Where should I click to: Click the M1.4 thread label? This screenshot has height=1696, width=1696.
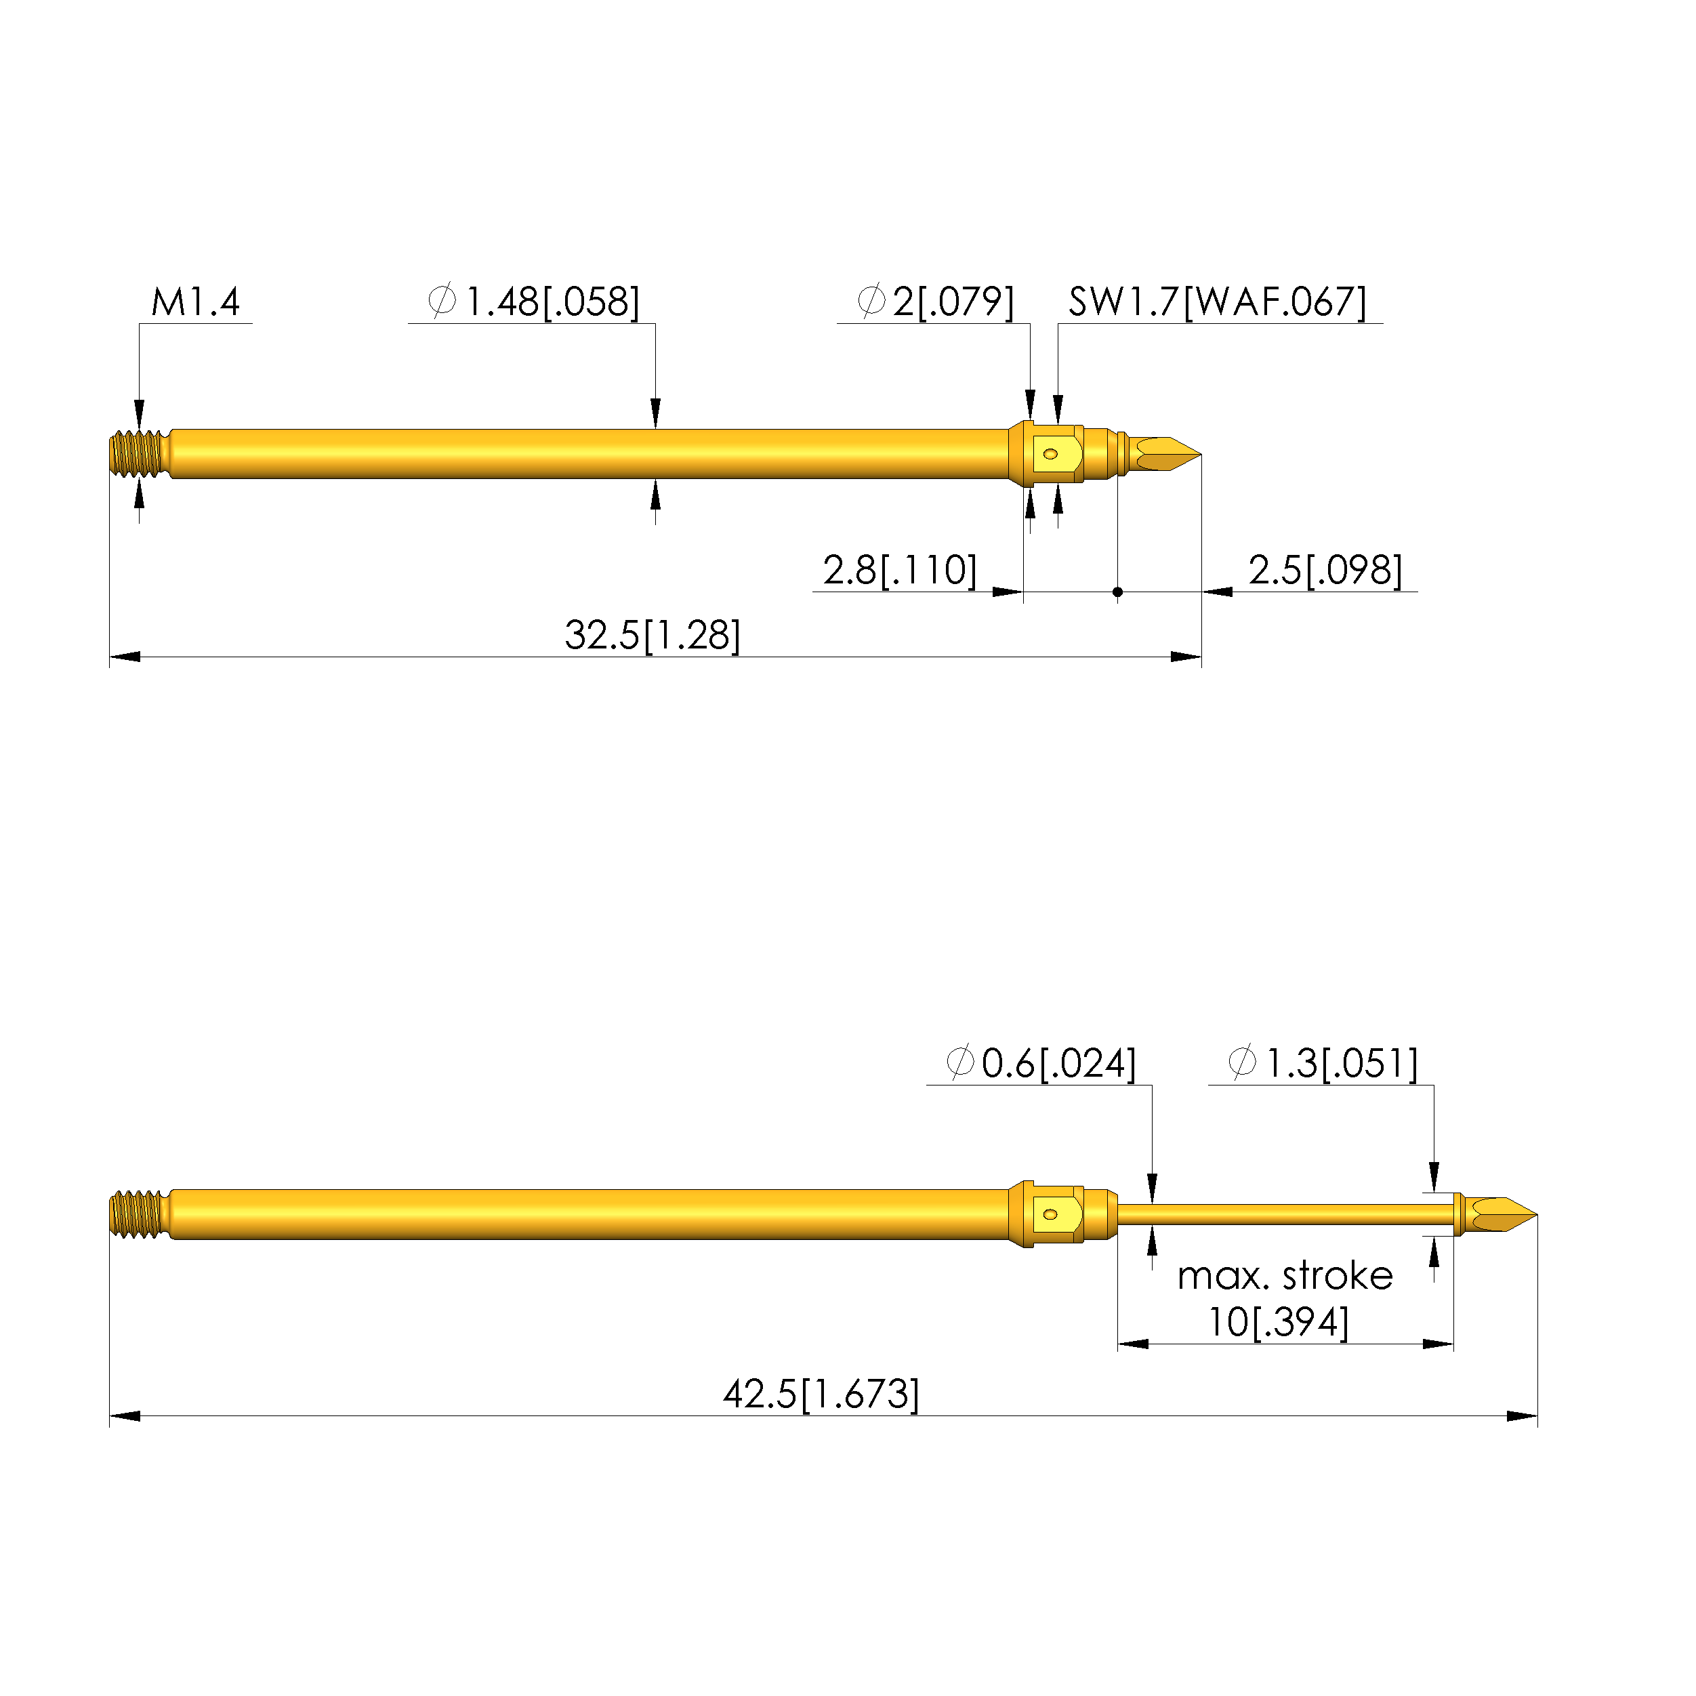pyautogui.click(x=195, y=302)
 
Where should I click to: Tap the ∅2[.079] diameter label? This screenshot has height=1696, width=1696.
pyautogui.click(x=936, y=302)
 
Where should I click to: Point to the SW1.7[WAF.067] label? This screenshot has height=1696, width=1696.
pyautogui.click(x=1218, y=302)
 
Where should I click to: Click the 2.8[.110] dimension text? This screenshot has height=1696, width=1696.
pyautogui.click(x=900, y=571)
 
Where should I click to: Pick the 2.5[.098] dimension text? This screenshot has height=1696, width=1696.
pyautogui.click(x=1325, y=571)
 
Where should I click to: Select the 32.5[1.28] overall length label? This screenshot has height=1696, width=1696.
pyautogui.click(x=653, y=636)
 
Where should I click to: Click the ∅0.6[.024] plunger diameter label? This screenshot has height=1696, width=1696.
pyautogui.click(x=1042, y=1063)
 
